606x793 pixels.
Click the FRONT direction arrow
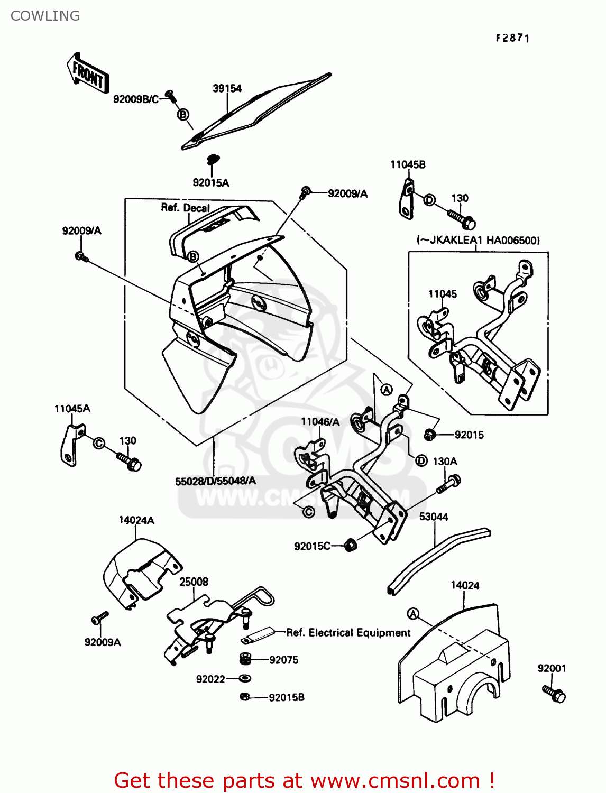point(88,74)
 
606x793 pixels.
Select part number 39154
point(227,89)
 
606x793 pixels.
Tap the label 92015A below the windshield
point(211,183)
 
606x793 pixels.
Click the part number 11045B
point(408,165)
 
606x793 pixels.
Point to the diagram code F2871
point(512,38)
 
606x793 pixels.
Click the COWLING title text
point(45,16)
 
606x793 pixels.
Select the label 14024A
point(136,521)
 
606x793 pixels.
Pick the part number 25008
point(194,582)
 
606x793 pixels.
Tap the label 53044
point(434,517)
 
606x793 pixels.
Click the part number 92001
point(552,668)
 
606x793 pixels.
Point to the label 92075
point(284,660)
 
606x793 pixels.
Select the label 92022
point(210,679)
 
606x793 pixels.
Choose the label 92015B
point(287,698)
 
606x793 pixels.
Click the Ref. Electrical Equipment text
point(348,633)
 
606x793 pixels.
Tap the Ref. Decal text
point(185,208)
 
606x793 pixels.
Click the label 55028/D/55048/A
point(215,481)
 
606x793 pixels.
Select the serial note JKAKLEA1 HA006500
point(479,241)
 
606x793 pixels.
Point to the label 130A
point(445,462)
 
